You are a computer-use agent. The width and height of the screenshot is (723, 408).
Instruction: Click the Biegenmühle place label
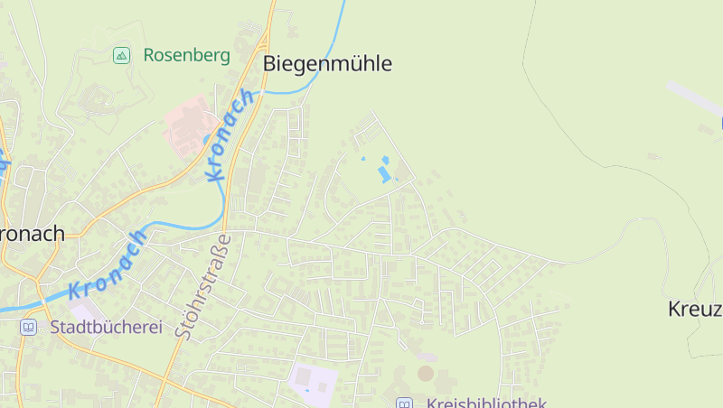(327, 63)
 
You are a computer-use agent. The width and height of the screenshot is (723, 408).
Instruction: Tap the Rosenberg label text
(186, 55)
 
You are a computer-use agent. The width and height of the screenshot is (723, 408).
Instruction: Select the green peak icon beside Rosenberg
(120, 56)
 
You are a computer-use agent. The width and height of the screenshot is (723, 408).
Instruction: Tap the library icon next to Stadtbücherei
(29, 327)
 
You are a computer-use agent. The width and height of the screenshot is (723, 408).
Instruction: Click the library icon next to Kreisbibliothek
(404, 403)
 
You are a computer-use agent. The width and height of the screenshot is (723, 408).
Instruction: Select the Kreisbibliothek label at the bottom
(486, 403)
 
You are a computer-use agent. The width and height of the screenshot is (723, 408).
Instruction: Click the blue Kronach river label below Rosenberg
(229, 135)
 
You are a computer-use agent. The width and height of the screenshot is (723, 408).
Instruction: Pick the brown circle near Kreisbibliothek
(425, 373)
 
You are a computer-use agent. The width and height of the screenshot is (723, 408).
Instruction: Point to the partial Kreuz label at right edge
(695, 309)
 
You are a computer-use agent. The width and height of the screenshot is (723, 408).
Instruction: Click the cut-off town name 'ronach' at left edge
(33, 234)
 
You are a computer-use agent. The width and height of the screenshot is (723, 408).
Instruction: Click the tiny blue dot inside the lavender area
(307, 390)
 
